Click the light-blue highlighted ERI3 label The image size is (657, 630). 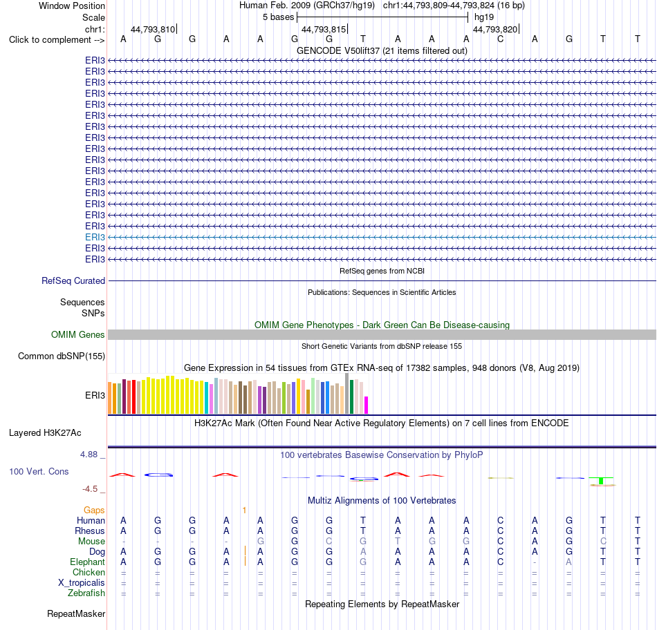point(95,238)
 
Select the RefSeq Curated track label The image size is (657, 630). point(73,281)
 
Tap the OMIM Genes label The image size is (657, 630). point(78,334)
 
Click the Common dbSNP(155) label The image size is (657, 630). point(62,356)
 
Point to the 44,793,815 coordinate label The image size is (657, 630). point(324,29)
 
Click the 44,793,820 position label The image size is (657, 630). point(495,29)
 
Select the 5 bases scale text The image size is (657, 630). point(279,17)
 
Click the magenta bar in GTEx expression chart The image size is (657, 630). point(367,405)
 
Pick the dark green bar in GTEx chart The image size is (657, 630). point(352,397)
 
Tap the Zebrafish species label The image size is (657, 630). point(86,593)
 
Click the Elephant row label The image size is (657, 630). point(88,562)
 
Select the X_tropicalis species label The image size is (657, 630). point(82,583)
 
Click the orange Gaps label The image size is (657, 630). point(94,510)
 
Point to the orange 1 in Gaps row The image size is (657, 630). point(244,510)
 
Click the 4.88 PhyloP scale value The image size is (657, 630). point(89,454)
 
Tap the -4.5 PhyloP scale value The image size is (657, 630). point(90,489)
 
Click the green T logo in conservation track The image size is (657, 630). point(601,481)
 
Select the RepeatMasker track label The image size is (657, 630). point(76,613)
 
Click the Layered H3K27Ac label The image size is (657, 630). point(45,433)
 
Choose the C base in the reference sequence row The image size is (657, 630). point(500,39)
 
